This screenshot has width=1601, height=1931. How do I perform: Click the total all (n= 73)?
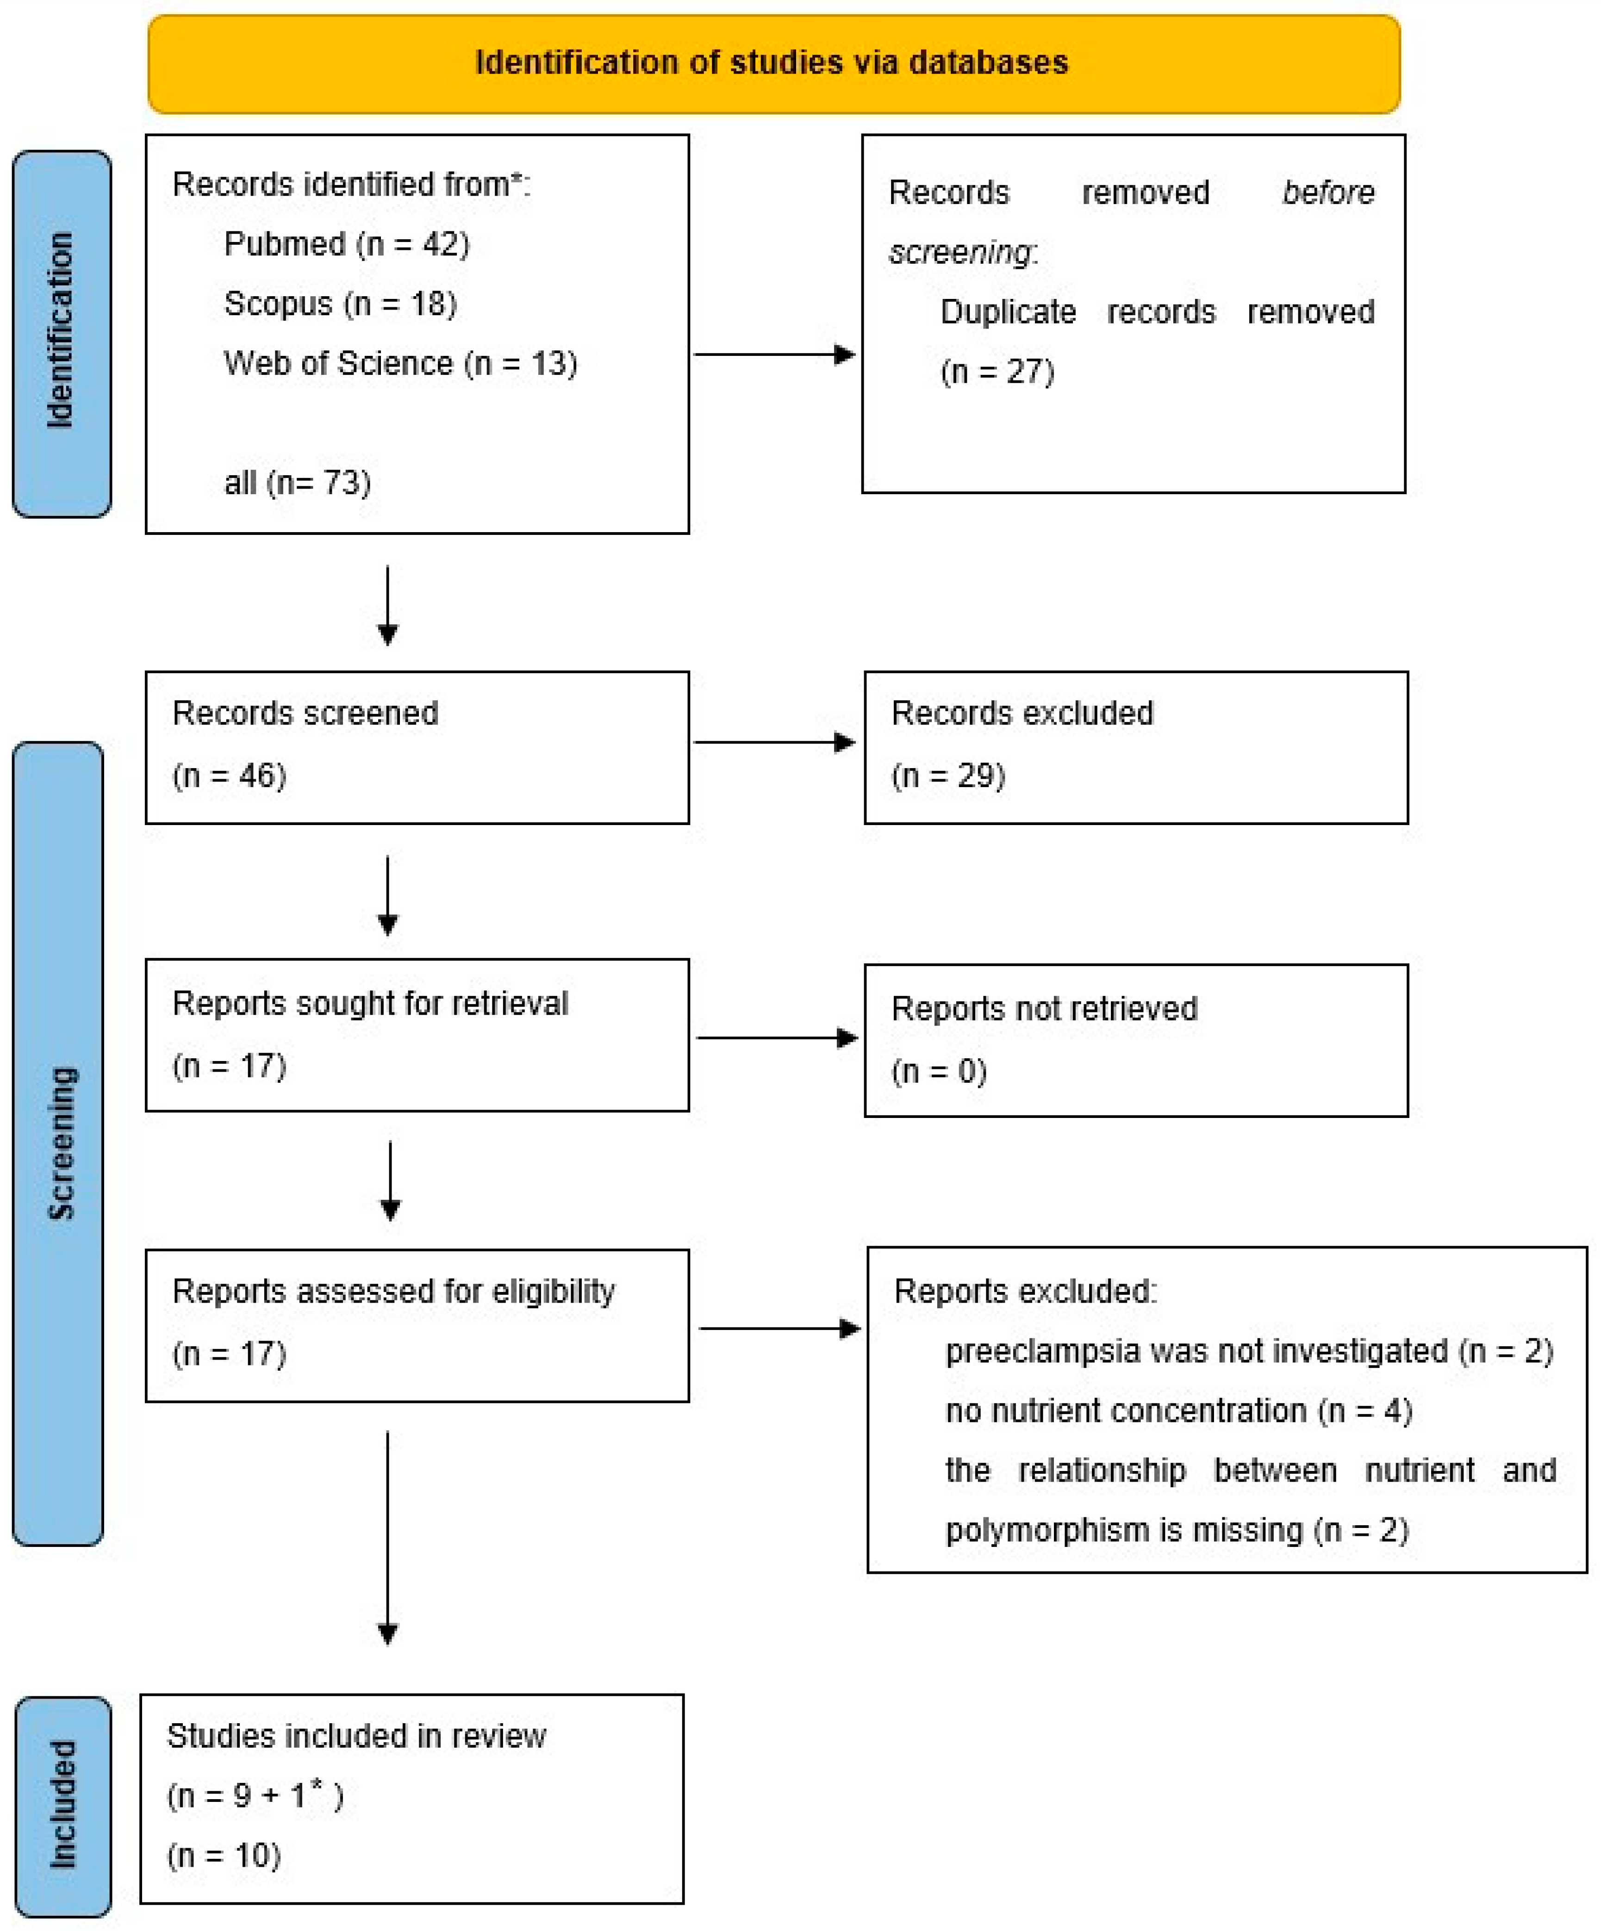297,483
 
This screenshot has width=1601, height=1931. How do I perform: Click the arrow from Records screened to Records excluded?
774,742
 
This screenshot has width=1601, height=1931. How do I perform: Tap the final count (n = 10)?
224,1856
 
